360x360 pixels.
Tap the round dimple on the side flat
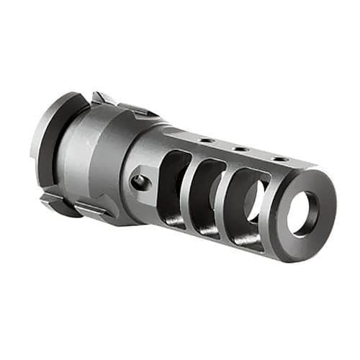[x=140, y=182]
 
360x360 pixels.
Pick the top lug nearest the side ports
[x=139, y=109]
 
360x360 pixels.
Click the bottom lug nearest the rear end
[x=55, y=201]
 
